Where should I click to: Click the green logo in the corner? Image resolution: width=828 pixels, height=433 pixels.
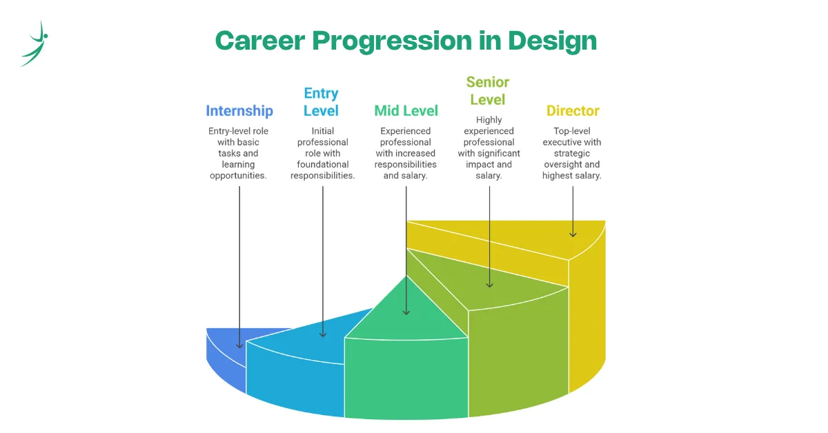pos(34,43)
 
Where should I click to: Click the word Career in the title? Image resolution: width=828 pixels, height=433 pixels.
pos(260,41)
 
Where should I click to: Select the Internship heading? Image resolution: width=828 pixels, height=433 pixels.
pos(239,111)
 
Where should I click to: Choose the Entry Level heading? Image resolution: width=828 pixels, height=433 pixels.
pos(321,102)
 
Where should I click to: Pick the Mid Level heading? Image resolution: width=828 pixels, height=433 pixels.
pos(406,111)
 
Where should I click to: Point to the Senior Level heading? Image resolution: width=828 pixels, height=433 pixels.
pos(488,91)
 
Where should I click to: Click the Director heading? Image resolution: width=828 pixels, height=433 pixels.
pos(573,111)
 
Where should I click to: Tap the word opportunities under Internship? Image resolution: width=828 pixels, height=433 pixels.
pos(238,176)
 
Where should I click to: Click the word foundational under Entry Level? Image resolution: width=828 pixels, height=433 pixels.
pos(323,164)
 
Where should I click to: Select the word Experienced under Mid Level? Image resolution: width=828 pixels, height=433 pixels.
pos(406,131)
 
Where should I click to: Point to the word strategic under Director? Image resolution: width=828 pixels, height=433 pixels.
pos(572,153)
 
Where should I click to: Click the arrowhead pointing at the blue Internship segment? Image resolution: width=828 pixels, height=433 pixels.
pos(239,346)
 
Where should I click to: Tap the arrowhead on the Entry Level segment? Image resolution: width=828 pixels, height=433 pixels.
pos(323,334)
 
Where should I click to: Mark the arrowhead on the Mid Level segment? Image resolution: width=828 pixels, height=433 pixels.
pos(406,312)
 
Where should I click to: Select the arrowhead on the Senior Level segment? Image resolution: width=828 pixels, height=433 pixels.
pos(489,285)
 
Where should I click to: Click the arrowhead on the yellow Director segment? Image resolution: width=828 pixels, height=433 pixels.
pos(573,234)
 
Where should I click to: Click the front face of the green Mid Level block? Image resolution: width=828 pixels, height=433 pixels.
pos(406,379)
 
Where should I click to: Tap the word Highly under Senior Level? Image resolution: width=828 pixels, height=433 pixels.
pos(489,120)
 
